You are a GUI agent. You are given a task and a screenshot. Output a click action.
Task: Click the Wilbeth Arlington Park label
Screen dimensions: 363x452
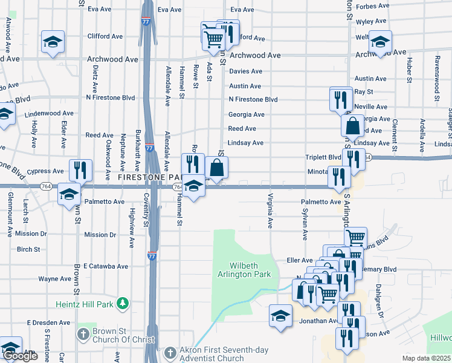click(251, 270)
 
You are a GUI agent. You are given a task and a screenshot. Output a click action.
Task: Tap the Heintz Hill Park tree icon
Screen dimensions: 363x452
click(122, 302)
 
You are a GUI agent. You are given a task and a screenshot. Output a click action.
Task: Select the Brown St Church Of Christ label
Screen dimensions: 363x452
click(124, 335)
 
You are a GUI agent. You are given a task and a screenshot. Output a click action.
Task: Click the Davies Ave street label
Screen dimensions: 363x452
click(245, 71)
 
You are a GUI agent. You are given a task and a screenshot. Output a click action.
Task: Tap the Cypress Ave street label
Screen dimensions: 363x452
click(46, 171)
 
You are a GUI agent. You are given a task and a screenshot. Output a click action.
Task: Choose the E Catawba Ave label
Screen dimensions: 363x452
click(106, 266)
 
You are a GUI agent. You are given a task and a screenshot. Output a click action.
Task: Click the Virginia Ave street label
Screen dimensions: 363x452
click(271, 211)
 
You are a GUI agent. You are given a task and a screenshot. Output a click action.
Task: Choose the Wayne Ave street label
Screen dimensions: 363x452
click(55, 279)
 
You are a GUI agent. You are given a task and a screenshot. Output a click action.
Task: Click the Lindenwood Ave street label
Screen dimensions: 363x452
click(50, 113)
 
